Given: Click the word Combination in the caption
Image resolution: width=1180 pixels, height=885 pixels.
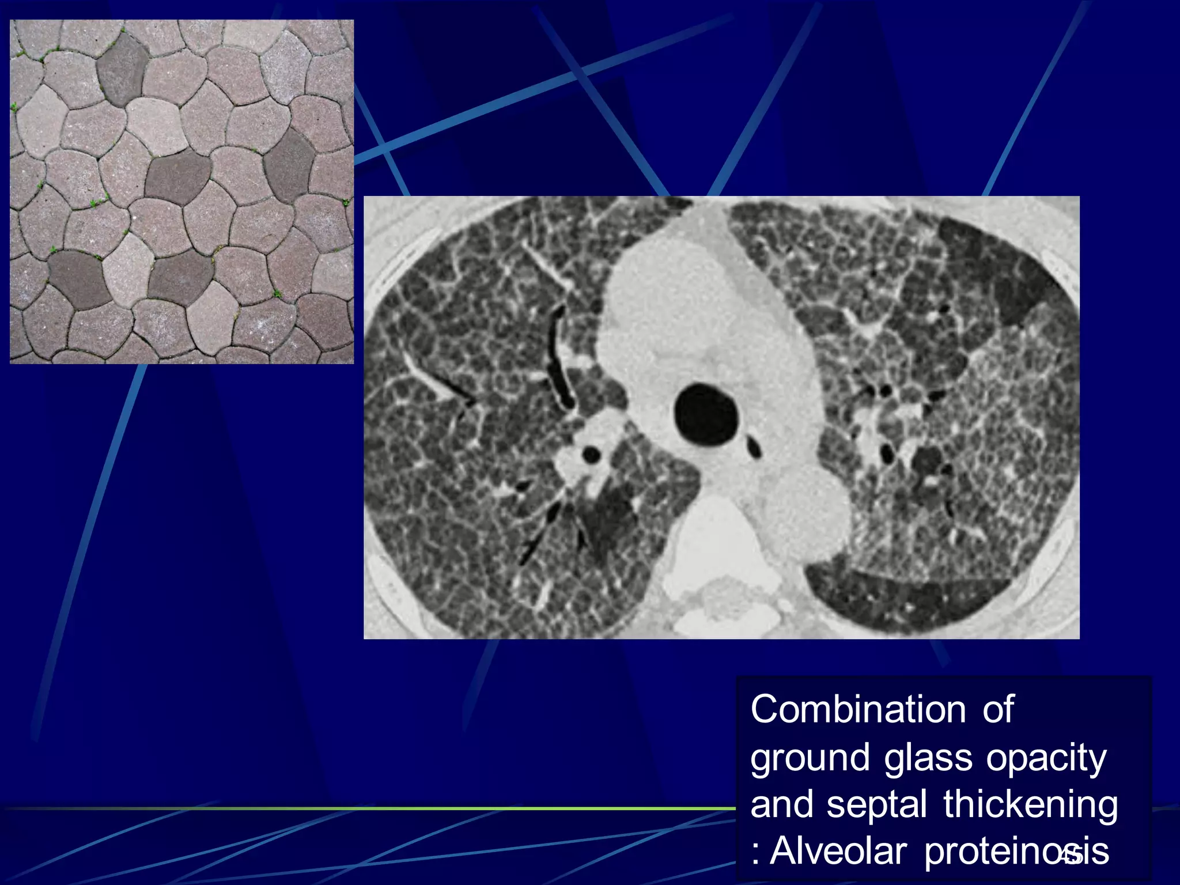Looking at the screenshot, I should (857, 709).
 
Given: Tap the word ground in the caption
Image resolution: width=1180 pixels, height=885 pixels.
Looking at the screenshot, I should (810, 759).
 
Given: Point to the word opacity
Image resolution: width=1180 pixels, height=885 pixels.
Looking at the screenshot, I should (1046, 759).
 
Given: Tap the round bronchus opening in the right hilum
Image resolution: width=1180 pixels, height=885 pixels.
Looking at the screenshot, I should (591, 455).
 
